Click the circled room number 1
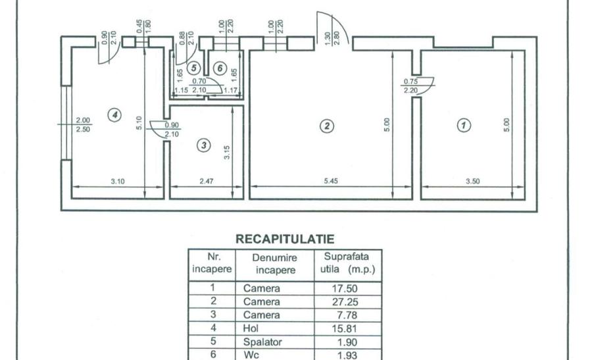tap(464, 125)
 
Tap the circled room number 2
tap(324, 125)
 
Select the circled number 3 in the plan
tap(205, 145)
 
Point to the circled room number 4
tap(115, 115)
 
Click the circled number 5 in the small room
tap(193, 67)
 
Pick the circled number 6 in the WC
tap(220, 67)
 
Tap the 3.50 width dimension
tap(472, 181)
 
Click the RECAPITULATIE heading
tap(285, 239)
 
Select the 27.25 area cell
tap(349, 301)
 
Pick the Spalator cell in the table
tap(261, 342)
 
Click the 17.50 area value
tap(349, 288)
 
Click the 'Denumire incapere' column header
tap(276, 263)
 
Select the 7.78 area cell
tap(349, 315)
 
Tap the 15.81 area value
tap(349, 328)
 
